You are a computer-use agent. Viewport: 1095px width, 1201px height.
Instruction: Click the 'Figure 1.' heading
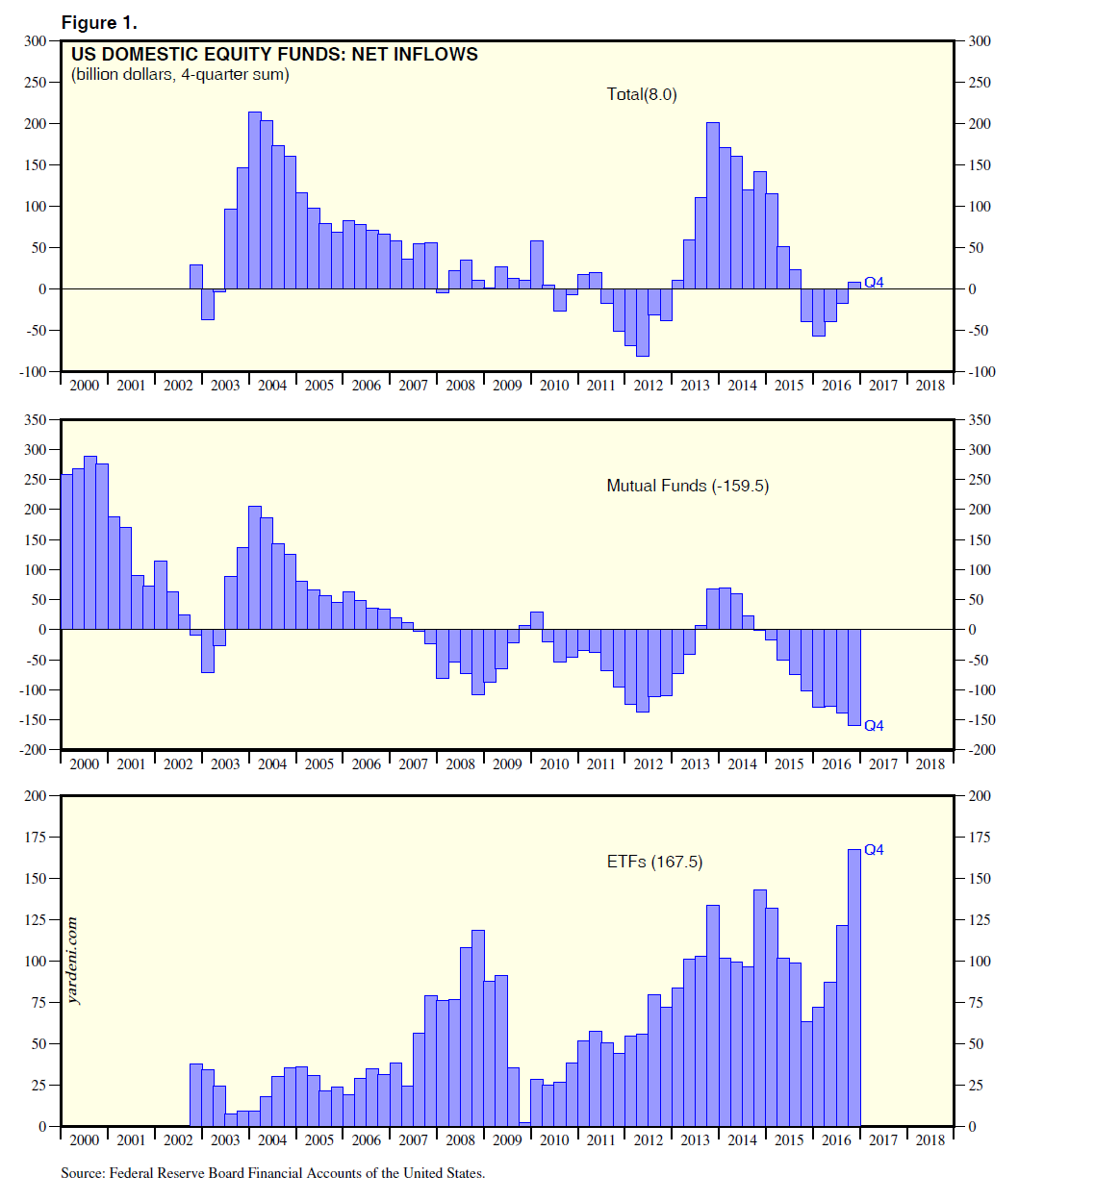tap(99, 22)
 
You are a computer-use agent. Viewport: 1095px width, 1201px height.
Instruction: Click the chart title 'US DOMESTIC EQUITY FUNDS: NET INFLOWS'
tap(274, 55)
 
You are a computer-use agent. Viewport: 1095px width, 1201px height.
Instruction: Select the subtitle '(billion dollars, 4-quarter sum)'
tap(180, 75)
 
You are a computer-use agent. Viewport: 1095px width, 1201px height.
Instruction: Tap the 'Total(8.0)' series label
tap(642, 94)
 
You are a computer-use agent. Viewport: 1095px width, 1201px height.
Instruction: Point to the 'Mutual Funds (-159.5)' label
tap(687, 486)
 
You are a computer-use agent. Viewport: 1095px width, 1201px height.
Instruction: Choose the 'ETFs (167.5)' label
tap(654, 862)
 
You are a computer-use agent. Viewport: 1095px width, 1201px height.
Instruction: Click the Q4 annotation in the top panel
tap(874, 282)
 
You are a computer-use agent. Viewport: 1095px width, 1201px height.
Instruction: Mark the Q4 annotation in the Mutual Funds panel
tap(874, 725)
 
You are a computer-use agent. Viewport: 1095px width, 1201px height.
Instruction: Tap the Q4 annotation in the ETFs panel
tap(874, 849)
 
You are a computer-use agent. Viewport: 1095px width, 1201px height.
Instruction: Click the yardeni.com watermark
tap(73, 961)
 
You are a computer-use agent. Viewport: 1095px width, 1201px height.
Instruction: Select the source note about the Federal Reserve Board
tap(272, 1173)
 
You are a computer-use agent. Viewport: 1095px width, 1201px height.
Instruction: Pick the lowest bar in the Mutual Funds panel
tap(853, 677)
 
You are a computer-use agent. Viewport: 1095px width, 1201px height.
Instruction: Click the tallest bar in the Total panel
tap(255, 200)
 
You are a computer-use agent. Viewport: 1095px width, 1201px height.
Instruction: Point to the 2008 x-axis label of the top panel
tap(460, 386)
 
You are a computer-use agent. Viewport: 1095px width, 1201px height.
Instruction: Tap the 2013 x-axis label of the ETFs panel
tap(695, 1140)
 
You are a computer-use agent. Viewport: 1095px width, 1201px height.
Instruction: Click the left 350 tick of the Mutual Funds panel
tap(35, 420)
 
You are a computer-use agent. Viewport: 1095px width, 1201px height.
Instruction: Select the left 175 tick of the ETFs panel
tap(35, 838)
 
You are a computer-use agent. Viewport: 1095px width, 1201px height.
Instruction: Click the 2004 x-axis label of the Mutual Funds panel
tap(271, 764)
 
